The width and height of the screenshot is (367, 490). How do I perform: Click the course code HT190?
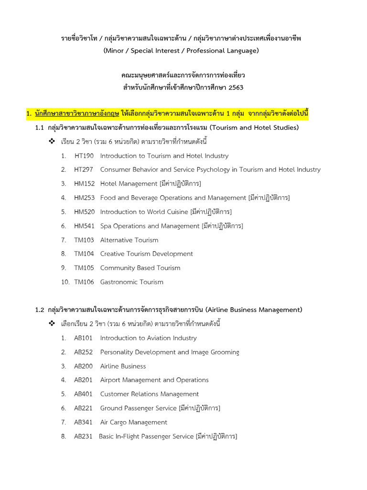(84, 156)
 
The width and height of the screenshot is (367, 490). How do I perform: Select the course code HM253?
(84, 198)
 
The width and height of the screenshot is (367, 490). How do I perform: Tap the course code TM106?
(84, 282)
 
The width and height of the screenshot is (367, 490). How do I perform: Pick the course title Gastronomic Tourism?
(131, 282)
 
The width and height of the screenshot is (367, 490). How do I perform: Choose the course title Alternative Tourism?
(129, 240)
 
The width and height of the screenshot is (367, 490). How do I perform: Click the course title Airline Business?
(123, 367)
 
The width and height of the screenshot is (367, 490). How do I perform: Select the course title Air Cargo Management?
(133, 423)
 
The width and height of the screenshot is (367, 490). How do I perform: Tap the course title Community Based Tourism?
(140, 268)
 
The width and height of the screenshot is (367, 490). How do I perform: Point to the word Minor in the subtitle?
(116, 51)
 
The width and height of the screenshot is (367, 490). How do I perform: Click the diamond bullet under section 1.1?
(53, 142)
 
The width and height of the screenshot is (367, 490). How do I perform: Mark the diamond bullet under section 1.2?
(53, 324)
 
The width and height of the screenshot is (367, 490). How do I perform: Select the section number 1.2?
(40, 310)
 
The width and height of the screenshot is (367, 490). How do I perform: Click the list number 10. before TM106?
(65, 282)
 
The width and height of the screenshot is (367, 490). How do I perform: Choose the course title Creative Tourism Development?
(146, 254)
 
